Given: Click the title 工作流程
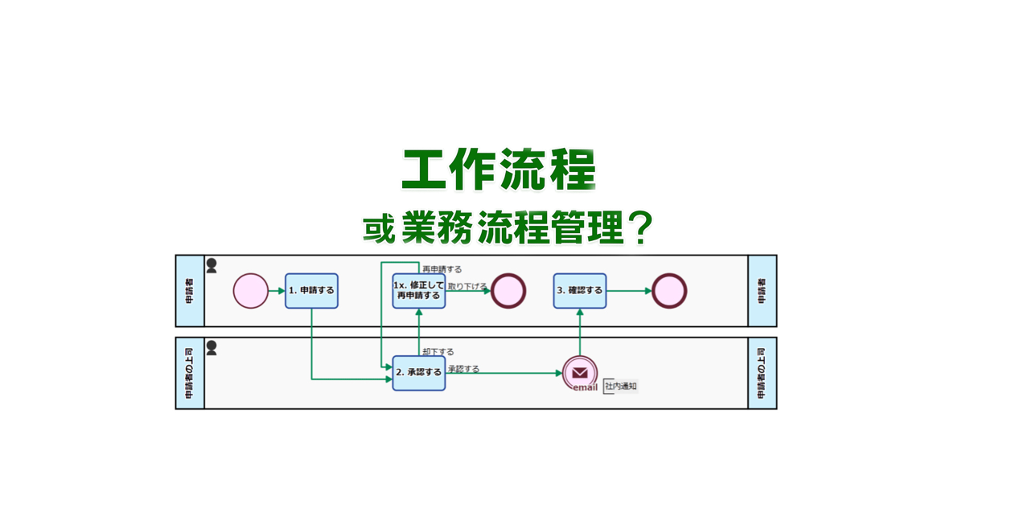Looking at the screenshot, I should click(x=499, y=170).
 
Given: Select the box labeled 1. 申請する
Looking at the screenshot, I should click(x=311, y=291).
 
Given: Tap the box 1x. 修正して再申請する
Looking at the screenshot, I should click(x=418, y=291).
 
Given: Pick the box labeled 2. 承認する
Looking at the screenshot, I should click(x=418, y=373).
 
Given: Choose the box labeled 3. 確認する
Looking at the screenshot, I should click(x=579, y=291).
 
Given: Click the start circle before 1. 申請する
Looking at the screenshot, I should click(x=250, y=291).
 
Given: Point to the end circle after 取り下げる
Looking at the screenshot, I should click(x=508, y=291).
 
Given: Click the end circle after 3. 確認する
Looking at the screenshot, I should click(x=669, y=291).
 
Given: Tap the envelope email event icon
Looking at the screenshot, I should click(x=580, y=372).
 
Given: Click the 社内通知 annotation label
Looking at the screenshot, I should click(x=621, y=387).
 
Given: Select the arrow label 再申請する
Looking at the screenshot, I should click(x=442, y=270).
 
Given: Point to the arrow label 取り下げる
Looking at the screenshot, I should click(x=467, y=287).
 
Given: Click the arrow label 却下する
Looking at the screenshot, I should click(x=438, y=352).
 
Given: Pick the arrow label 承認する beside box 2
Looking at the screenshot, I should click(x=463, y=370).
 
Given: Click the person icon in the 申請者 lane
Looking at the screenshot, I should click(x=212, y=266).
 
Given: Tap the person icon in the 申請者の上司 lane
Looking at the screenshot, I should click(x=212, y=348).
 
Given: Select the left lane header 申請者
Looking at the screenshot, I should click(x=190, y=291).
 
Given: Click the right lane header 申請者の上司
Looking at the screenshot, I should click(x=762, y=373).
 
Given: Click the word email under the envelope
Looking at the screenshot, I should click(x=585, y=388).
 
